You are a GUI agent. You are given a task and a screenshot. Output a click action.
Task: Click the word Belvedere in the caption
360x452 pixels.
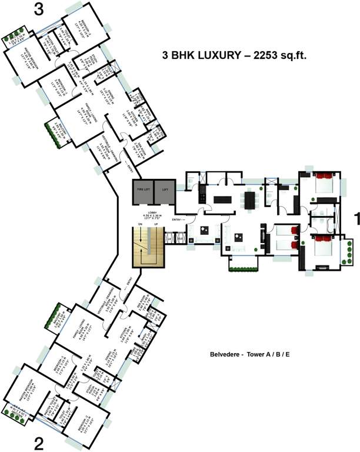coord(224,355)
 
